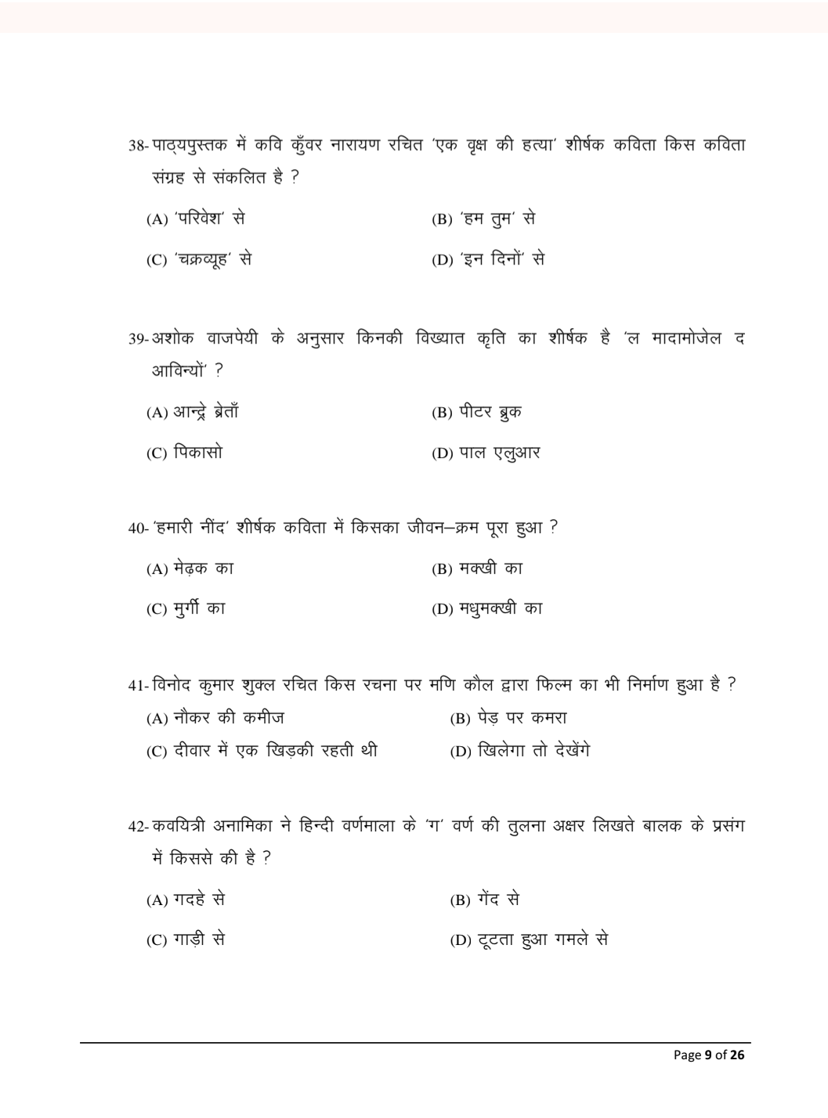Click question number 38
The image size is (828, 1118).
(x=137, y=146)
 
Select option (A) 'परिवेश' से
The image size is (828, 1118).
(x=196, y=219)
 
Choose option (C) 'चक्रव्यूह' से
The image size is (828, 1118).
(x=199, y=260)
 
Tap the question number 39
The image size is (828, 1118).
(x=137, y=339)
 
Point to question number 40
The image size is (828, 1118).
(x=137, y=528)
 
